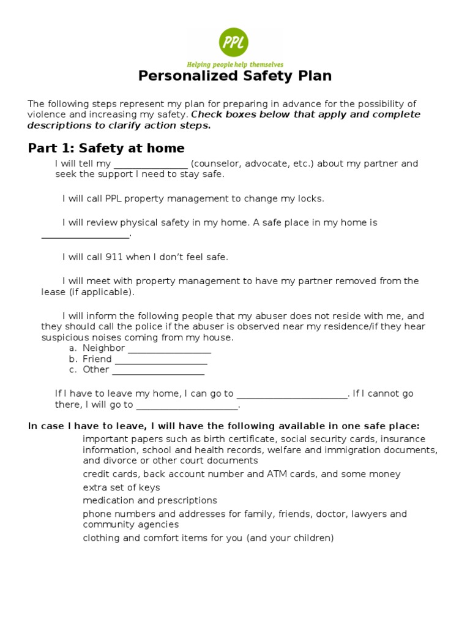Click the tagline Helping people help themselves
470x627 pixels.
tap(234, 64)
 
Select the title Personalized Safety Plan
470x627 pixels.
tap(234, 76)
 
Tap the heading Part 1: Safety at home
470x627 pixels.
tap(106, 148)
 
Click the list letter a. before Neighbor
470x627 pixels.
tap(73, 348)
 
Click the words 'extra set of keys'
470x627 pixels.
tap(121, 487)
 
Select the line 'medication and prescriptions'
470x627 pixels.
tap(150, 501)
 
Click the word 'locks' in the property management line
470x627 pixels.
tap(310, 199)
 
